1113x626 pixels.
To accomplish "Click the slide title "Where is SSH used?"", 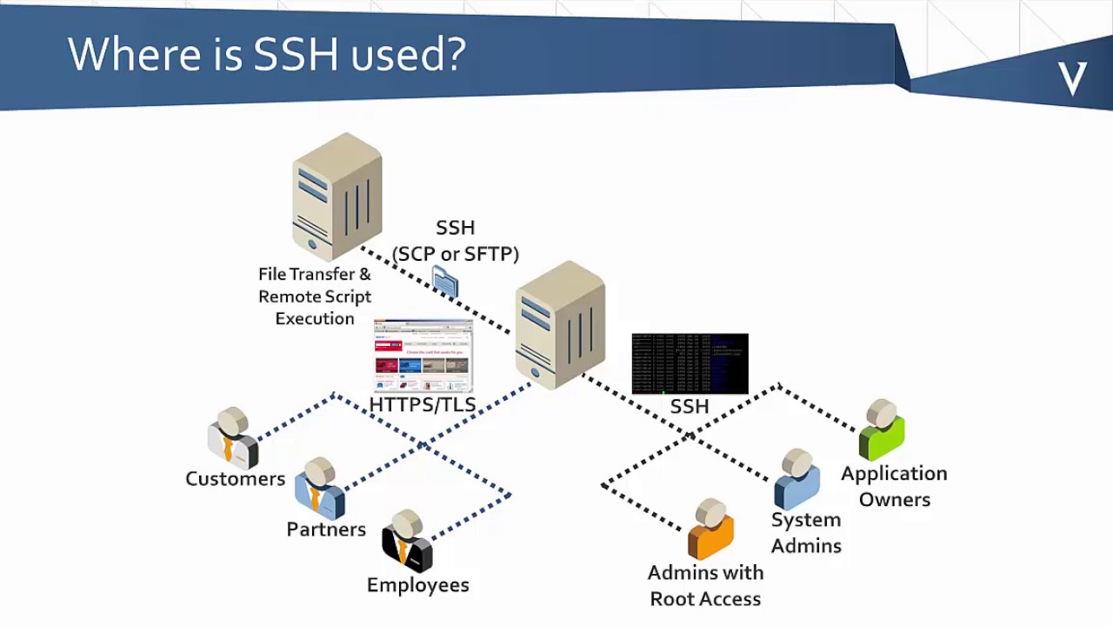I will [267, 54].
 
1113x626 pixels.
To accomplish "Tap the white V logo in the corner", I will [1072, 79].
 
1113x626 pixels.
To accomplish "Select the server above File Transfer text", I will [337, 196].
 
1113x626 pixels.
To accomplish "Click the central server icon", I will [560, 324].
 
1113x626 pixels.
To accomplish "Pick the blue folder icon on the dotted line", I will [445, 282].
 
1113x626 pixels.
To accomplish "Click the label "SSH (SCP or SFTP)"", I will [455, 241].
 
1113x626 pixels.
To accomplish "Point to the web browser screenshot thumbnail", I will [423, 356].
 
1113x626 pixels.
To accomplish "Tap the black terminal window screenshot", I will [690, 363].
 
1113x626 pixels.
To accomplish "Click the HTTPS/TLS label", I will [423, 405].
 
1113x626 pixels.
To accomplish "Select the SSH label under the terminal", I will [690, 406].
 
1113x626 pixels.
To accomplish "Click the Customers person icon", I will [232, 438].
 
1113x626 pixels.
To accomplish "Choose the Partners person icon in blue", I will [319, 488].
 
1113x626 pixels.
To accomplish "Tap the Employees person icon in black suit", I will [406, 541].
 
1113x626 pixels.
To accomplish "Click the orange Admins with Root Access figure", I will [710, 529].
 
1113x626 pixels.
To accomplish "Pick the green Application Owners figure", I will [882, 430].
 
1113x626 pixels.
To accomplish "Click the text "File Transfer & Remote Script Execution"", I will [315, 296].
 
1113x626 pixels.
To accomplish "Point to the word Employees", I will [417, 585].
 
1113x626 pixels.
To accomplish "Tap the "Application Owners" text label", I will [894, 486].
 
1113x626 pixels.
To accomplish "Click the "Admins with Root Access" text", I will [705, 585].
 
